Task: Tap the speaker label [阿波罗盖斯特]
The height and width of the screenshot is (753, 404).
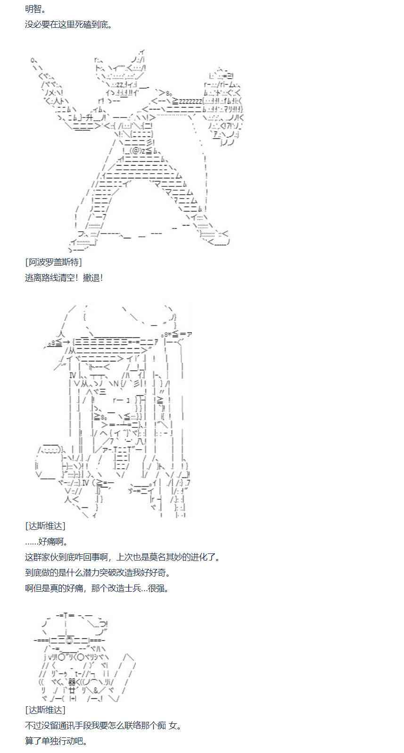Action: [53, 262]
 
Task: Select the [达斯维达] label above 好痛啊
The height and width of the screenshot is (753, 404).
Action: [45, 526]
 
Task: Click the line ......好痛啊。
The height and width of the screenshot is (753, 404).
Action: [47, 541]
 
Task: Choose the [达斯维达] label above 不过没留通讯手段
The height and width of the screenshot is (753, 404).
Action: [45, 710]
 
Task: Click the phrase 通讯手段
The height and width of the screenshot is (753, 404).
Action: [85, 725]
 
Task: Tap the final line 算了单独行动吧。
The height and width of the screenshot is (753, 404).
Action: [56, 741]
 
